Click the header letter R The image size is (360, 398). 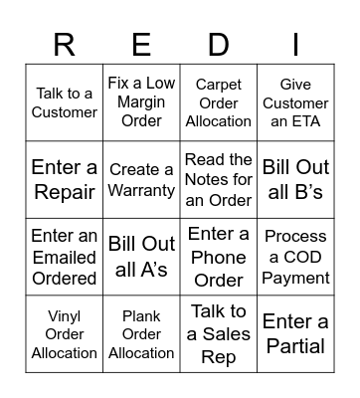pos(65,45)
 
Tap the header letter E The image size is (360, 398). pos(141,45)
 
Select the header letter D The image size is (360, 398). pos(219,45)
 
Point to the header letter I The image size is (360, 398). pos(295,45)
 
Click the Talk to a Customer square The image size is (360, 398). pos(65,102)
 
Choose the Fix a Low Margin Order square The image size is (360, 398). pos(141,102)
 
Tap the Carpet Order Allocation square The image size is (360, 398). pos(219,102)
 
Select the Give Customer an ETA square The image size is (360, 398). pos(295,102)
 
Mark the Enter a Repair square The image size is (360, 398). pos(65,179)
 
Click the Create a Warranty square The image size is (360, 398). pos(141,179)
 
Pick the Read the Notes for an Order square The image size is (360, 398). pos(219,179)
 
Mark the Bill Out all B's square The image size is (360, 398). pos(295,179)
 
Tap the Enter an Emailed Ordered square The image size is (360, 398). pos(65,257)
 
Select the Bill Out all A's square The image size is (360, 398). pos(141,257)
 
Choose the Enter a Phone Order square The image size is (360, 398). pos(219,257)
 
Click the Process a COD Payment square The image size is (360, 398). pos(295,257)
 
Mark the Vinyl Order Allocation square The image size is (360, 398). pos(65,334)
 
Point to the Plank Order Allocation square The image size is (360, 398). pos(141,334)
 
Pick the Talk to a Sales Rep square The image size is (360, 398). pos(219,334)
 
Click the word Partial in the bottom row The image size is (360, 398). pos(295,346)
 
